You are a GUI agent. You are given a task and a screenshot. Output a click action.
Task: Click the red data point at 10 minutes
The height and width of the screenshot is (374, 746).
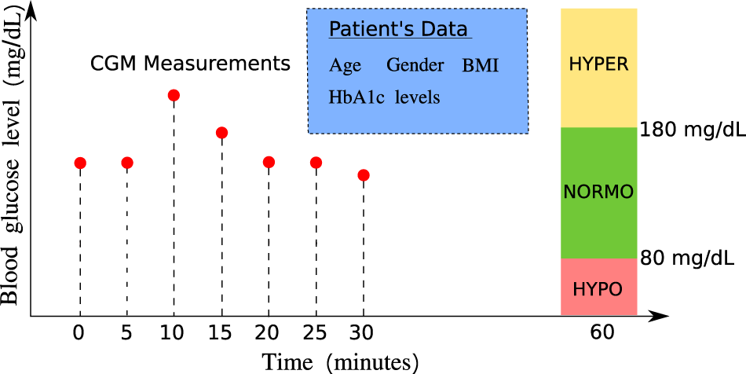[x=174, y=96]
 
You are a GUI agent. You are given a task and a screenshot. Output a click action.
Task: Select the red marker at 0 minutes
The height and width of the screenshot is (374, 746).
[x=80, y=163]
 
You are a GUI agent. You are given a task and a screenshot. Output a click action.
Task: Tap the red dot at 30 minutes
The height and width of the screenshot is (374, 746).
[x=364, y=175]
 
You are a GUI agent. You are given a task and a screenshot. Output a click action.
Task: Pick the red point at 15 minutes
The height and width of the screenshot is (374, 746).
[x=221, y=133]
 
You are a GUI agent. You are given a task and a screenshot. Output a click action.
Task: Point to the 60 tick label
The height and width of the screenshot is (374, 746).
[x=602, y=334]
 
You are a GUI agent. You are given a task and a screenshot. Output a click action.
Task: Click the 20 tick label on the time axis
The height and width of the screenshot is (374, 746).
[x=269, y=334]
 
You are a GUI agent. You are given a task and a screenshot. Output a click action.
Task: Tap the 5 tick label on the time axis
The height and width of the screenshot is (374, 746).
[x=126, y=334]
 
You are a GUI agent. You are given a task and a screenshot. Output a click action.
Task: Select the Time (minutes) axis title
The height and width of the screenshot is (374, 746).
[x=341, y=362]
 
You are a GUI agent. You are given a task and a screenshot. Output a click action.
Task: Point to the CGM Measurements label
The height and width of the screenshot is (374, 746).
[x=190, y=64]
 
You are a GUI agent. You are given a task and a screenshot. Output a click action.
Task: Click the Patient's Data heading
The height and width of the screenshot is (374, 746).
[x=398, y=30]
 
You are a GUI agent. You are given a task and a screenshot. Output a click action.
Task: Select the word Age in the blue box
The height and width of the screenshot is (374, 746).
[x=345, y=66]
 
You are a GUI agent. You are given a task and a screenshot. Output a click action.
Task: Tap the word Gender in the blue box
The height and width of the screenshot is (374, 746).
[x=415, y=65]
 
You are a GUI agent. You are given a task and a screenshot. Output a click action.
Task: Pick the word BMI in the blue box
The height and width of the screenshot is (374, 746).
[x=481, y=66]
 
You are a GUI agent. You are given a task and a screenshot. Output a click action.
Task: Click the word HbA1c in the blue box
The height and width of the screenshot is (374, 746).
[x=357, y=97]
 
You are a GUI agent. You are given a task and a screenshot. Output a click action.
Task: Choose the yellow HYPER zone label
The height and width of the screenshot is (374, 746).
[x=598, y=64]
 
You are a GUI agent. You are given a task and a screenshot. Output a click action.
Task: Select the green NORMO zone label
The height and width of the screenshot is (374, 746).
[x=598, y=192]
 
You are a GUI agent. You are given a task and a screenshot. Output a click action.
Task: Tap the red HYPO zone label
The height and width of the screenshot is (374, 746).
[x=598, y=290]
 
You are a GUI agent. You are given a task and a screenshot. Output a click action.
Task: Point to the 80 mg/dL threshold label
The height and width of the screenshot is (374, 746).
[x=687, y=258]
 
